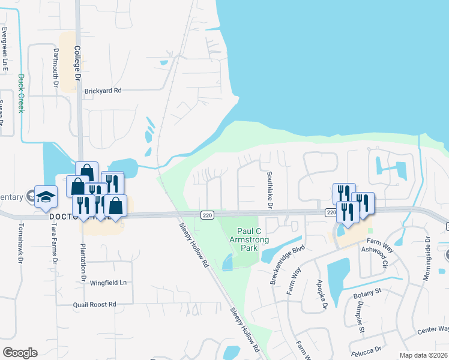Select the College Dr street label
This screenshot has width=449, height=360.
pyautogui.click(x=77, y=66)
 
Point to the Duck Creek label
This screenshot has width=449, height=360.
pyautogui.click(x=21, y=93)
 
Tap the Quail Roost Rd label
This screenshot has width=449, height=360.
pyautogui.click(x=94, y=304)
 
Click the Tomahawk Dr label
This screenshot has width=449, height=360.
pyautogui.click(x=21, y=243)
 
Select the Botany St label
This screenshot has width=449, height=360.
pyautogui.click(x=370, y=291)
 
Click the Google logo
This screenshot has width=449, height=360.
pyautogui.click(x=20, y=353)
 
